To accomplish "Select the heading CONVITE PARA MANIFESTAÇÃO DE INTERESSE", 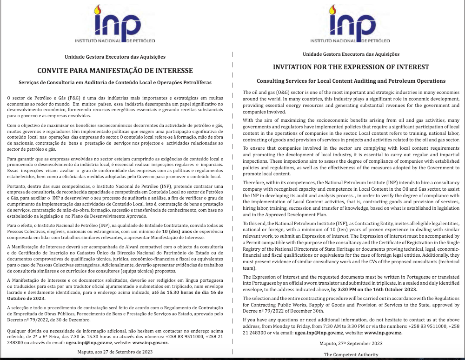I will (x=115, y=71).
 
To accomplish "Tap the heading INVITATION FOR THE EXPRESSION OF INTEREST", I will (x=351, y=67).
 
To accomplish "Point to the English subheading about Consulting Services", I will (x=351, y=81).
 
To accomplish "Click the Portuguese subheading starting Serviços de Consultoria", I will (x=115, y=82).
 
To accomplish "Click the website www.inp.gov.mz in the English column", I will (x=383, y=333).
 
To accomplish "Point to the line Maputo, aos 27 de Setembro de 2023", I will (x=115, y=352).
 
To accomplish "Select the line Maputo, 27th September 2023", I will (x=351, y=343).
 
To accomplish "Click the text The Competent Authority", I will (x=351, y=354).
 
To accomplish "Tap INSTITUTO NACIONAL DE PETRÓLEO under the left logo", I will (x=115, y=41).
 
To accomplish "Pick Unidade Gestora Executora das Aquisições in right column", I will (x=351, y=54).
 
